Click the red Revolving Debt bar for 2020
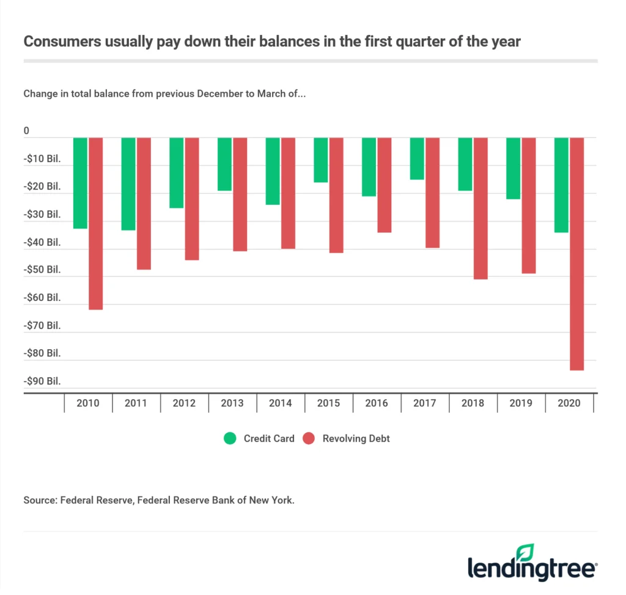pyautogui.click(x=576, y=254)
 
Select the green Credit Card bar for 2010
pyautogui.click(x=81, y=183)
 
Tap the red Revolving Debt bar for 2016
pyautogui.click(x=385, y=185)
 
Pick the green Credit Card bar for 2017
pyautogui.click(x=417, y=158)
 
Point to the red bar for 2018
pyautogui.click(x=481, y=208)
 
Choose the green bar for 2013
pyautogui.click(x=224, y=164)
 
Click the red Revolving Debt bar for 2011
pyautogui.click(x=144, y=203)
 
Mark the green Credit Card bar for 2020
pyautogui.click(x=561, y=185)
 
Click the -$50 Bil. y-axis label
pyautogui.click(x=42, y=270)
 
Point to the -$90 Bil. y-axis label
pyautogui.click(x=42, y=382)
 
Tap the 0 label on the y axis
pyautogui.click(x=26, y=131)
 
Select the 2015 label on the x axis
pyautogui.click(x=328, y=404)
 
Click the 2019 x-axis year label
pyautogui.click(x=521, y=404)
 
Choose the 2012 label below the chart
pyautogui.click(x=184, y=404)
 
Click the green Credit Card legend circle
pyautogui.click(x=230, y=438)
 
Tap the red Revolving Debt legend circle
pyautogui.click(x=309, y=438)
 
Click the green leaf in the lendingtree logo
pyautogui.click(x=525, y=552)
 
